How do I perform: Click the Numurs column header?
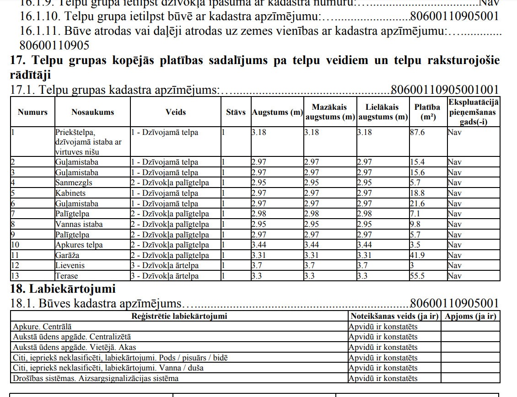click(x=32, y=112)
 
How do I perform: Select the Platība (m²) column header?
click(x=427, y=112)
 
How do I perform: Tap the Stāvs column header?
click(x=236, y=112)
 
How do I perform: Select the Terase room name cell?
click(x=67, y=276)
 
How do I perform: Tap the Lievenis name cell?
click(x=70, y=265)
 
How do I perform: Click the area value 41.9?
click(x=418, y=255)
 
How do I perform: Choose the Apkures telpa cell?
click(x=79, y=245)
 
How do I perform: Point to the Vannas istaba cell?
click(x=79, y=224)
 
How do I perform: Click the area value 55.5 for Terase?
click(x=418, y=276)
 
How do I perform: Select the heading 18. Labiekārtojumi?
click(x=63, y=289)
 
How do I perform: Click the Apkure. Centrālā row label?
click(x=42, y=327)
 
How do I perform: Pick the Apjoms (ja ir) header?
click(x=470, y=316)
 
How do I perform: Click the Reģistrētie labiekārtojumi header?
click(x=179, y=316)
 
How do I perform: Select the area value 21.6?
click(x=418, y=204)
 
